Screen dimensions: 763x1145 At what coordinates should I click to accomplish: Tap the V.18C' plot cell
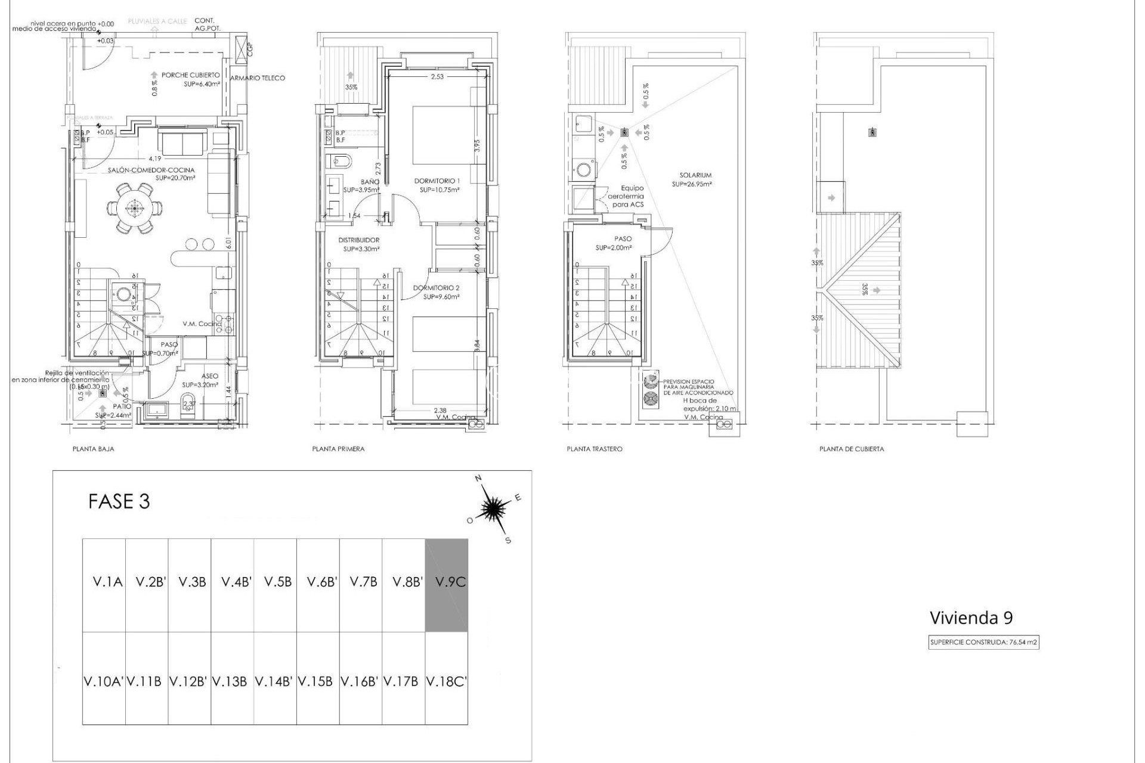point(446,681)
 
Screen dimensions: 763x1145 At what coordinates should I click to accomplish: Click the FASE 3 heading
point(119,501)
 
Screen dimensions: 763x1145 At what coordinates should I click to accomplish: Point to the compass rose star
point(493,508)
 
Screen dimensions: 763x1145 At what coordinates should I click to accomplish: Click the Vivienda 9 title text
point(971,618)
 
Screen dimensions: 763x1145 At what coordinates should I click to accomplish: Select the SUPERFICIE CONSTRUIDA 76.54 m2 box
point(984,643)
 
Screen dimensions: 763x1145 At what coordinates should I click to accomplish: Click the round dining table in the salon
point(134,208)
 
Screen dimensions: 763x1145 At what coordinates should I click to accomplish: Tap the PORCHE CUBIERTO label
point(190,76)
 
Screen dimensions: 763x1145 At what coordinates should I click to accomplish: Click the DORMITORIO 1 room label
point(438,181)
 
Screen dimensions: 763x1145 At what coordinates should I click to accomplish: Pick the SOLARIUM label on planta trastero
point(695,175)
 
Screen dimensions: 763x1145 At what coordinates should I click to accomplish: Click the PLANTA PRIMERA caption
point(338,449)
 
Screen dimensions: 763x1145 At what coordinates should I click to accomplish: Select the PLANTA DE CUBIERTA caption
point(852,449)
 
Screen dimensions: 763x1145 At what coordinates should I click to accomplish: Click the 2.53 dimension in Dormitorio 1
point(437,76)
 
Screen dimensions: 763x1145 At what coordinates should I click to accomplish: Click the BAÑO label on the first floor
point(370,181)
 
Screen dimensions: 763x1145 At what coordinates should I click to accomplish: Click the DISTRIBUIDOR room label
point(358,240)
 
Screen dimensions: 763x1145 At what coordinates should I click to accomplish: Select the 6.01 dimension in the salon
point(228,243)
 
